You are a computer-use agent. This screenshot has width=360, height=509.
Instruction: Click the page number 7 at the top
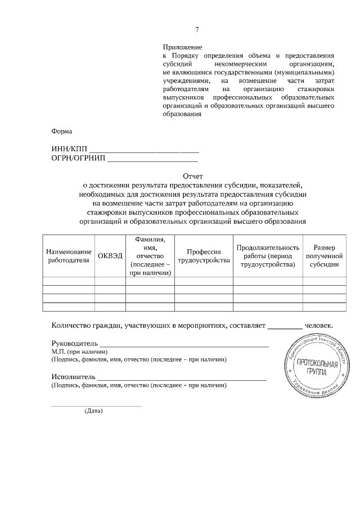coord(197,30)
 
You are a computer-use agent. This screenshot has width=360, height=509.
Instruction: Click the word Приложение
coord(182,48)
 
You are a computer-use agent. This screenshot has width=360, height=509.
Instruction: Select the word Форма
coord(62,132)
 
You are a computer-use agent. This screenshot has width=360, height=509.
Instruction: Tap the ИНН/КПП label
coord(69,149)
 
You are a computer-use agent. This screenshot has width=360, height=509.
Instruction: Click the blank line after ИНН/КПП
coord(144,150)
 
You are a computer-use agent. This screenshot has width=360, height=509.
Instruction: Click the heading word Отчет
coord(192,176)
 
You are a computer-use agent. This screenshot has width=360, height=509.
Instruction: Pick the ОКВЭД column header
coord(110,256)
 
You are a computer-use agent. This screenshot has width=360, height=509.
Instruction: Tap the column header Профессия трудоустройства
coord(204,256)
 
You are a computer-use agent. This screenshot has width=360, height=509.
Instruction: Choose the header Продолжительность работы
coord(267,256)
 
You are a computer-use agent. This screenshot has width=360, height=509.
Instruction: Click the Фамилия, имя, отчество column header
coord(150,256)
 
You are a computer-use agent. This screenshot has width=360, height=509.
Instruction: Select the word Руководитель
coord(74,343)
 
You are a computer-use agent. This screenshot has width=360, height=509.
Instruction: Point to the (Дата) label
coord(94,411)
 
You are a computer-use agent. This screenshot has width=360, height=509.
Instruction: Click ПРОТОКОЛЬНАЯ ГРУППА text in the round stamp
coord(317,367)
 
